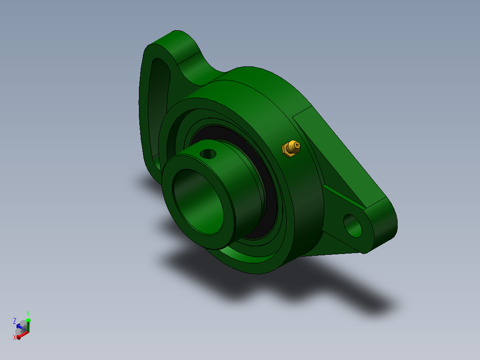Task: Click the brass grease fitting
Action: (291, 149)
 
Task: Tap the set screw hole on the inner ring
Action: (208, 154)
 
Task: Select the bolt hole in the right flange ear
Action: (352, 225)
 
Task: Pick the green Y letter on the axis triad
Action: (28, 314)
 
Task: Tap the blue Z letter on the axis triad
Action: (14, 321)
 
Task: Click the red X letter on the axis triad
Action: (14, 337)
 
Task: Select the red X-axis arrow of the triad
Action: (23, 335)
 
